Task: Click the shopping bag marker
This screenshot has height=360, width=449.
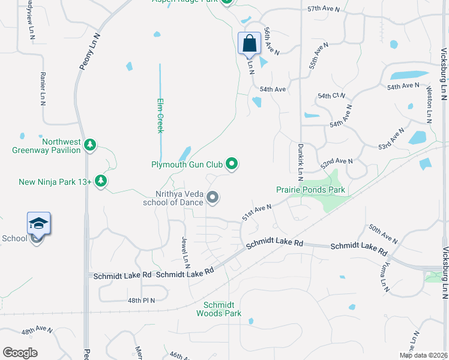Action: click(x=249, y=44)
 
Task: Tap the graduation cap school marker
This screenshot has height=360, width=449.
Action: click(x=38, y=224)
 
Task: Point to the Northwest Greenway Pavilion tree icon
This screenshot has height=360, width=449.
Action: click(x=90, y=145)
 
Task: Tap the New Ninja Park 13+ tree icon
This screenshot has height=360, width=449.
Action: click(x=101, y=181)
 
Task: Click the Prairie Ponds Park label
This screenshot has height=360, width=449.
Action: click(x=310, y=190)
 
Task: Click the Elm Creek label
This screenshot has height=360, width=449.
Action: click(x=160, y=115)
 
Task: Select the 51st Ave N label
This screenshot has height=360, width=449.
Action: click(x=257, y=212)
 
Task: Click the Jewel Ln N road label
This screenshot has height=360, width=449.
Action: click(x=186, y=252)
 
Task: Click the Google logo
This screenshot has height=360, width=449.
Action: click(x=20, y=352)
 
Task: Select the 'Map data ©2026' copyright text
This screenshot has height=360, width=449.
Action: click(x=423, y=355)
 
